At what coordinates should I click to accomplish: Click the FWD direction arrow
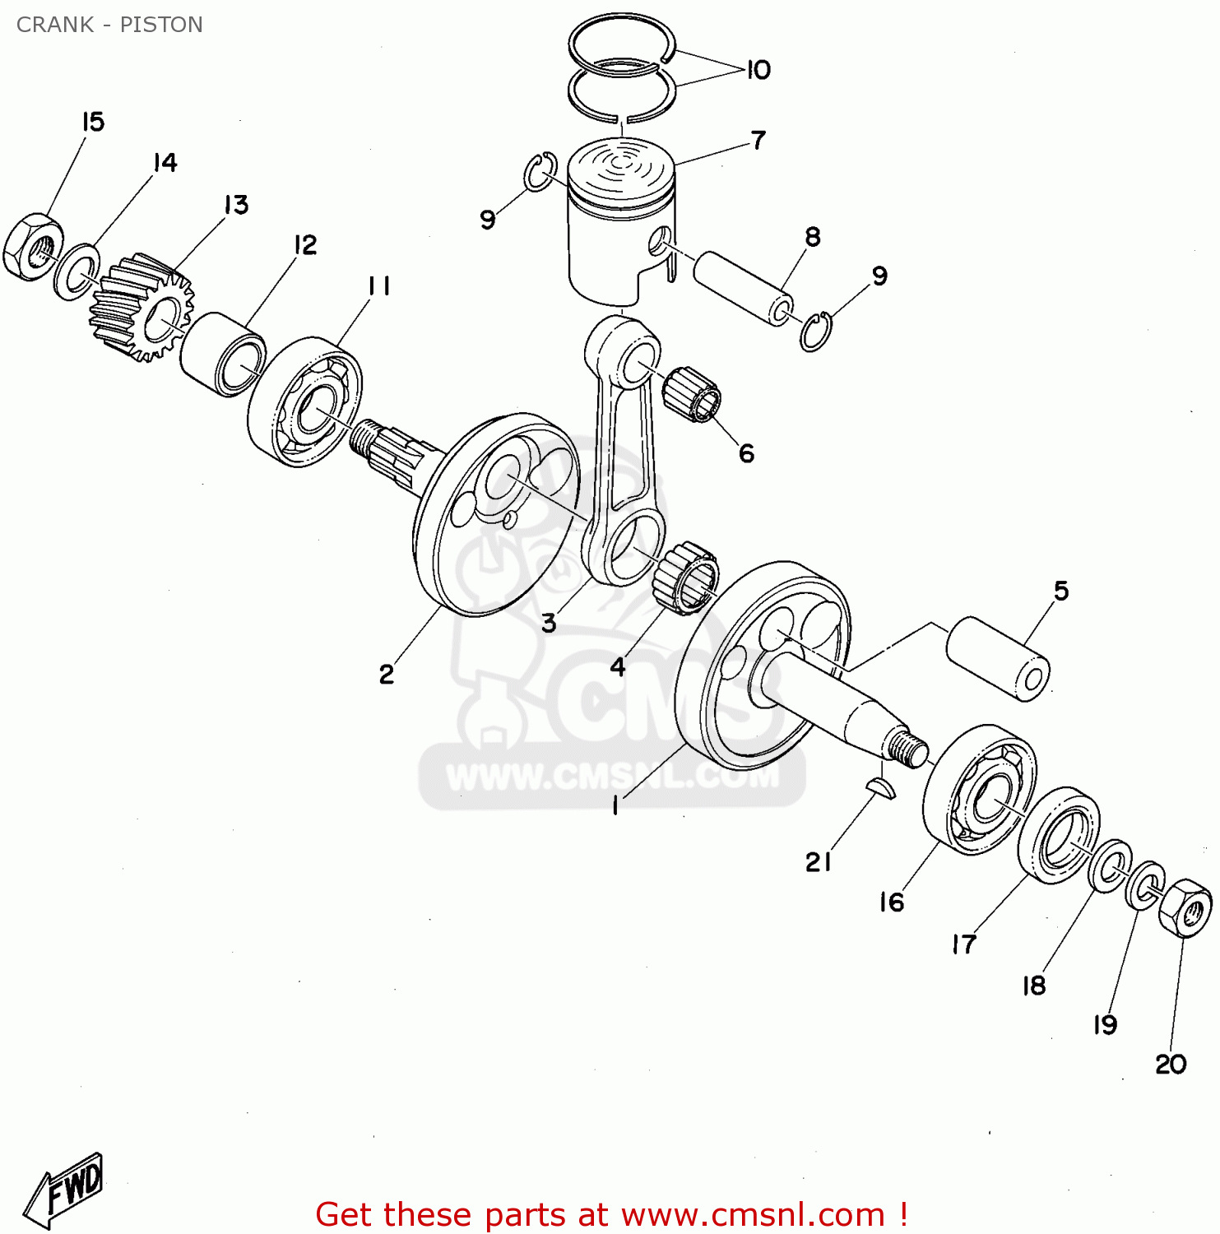coord(64,1190)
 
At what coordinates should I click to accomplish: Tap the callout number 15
coord(93,122)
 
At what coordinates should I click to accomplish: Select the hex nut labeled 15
coord(32,246)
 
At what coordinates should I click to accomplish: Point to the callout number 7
coord(758,140)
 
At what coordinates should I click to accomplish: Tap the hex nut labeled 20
coord(1185,908)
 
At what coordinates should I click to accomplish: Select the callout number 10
coord(758,70)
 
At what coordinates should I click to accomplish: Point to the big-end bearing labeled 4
coord(685,578)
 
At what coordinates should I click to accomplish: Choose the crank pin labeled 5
coord(998,658)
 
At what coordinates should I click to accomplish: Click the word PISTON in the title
coord(161,25)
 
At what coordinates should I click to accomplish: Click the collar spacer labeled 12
coord(222,354)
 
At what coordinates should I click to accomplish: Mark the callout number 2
coord(386,675)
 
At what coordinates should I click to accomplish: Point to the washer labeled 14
coord(77,271)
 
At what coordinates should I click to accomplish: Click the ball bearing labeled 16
coord(979,791)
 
